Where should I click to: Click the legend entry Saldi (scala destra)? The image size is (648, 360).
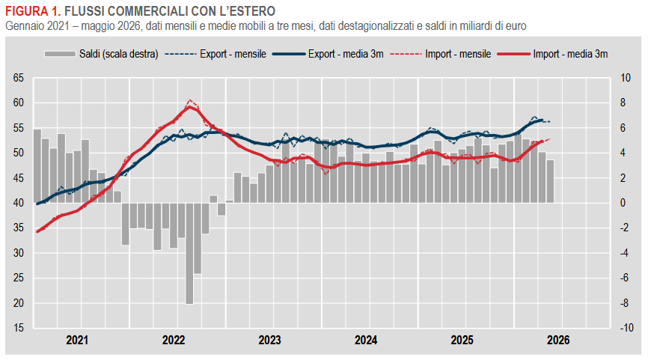[x=101, y=54]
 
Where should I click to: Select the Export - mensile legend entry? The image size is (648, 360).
[x=216, y=54]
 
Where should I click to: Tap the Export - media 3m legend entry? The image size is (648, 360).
[x=328, y=54]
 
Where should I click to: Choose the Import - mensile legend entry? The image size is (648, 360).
[x=441, y=54]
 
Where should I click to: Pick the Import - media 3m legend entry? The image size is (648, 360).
[x=552, y=54]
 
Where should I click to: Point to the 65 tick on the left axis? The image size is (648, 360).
[x=19, y=78]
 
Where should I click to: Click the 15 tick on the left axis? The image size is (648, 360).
[x=19, y=328]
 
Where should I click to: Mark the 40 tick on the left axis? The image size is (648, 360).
[x=19, y=203]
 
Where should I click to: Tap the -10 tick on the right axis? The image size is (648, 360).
[x=626, y=328]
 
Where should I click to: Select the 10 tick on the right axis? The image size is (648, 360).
[x=626, y=78]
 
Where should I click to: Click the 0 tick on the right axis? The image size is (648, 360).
[x=623, y=203]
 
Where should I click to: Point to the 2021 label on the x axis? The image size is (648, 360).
[x=77, y=340]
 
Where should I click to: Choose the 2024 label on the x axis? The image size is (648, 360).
[x=366, y=340]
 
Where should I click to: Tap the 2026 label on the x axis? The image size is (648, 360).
[x=558, y=340]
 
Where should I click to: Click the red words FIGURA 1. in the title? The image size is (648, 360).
[x=33, y=10]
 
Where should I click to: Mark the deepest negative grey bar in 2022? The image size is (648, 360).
[x=189, y=254]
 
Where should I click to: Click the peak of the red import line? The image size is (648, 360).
[x=189, y=106]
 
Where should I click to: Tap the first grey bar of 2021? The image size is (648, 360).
[x=37, y=166]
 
